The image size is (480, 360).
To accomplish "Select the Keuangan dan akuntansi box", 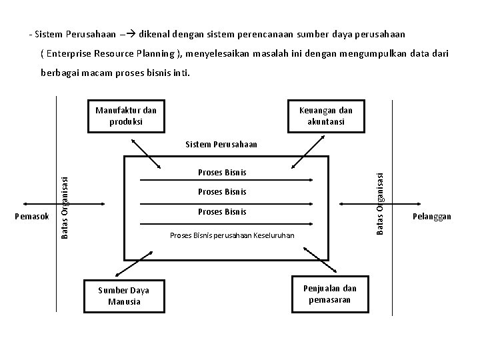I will [326, 116].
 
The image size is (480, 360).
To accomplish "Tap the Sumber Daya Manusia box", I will [123, 296].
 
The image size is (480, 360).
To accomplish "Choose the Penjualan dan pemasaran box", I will [329, 294].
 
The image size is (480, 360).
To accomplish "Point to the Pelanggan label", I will [431, 216].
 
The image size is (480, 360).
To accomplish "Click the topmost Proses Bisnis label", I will [222, 173].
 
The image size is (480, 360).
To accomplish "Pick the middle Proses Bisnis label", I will [222, 192].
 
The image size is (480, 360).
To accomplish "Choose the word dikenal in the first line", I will [155, 33].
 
